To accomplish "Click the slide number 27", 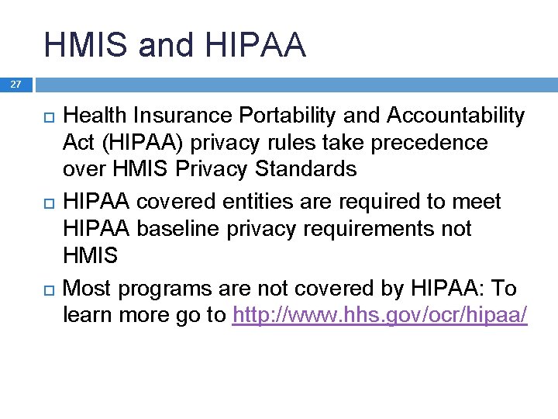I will click(x=16, y=85).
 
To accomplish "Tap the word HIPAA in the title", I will click(x=257, y=45).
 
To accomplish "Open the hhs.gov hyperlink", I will click(x=380, y=317).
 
